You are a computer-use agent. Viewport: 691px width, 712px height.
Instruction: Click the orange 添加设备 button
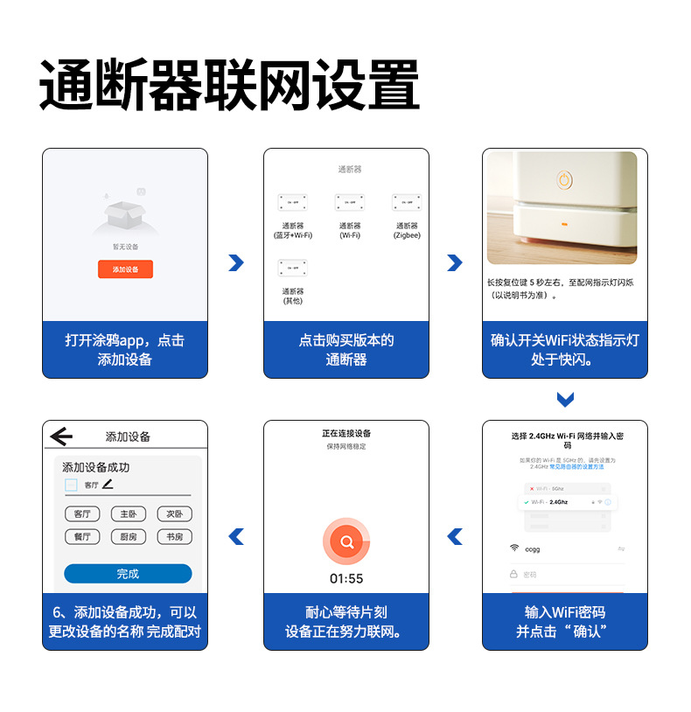125,269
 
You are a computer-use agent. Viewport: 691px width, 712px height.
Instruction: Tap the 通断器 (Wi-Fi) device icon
350,202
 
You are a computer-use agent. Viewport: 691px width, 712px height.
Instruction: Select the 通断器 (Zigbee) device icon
407,202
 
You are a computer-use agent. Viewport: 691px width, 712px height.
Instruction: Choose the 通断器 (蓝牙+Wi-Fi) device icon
292,202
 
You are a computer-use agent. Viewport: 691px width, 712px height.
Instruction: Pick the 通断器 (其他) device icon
292,268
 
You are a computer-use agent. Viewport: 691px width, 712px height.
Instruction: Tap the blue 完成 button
128,574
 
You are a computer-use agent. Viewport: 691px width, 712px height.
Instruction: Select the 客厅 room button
82,514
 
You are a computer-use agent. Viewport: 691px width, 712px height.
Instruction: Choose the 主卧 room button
128,514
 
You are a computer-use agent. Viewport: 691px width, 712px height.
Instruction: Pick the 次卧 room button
174,514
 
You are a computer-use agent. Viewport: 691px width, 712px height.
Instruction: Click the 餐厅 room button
82,537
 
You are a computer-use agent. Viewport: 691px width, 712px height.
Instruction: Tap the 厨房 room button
128,537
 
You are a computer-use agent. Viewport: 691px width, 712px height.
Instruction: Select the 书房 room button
174,537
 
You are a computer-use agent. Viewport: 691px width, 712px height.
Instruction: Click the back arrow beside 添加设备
62,436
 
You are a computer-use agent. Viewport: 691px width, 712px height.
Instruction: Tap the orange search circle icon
347,541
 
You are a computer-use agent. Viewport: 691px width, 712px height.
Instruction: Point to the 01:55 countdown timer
346,579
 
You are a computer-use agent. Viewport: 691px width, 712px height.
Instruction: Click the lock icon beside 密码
514,575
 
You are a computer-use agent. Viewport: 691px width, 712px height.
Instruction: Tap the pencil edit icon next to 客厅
108,484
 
